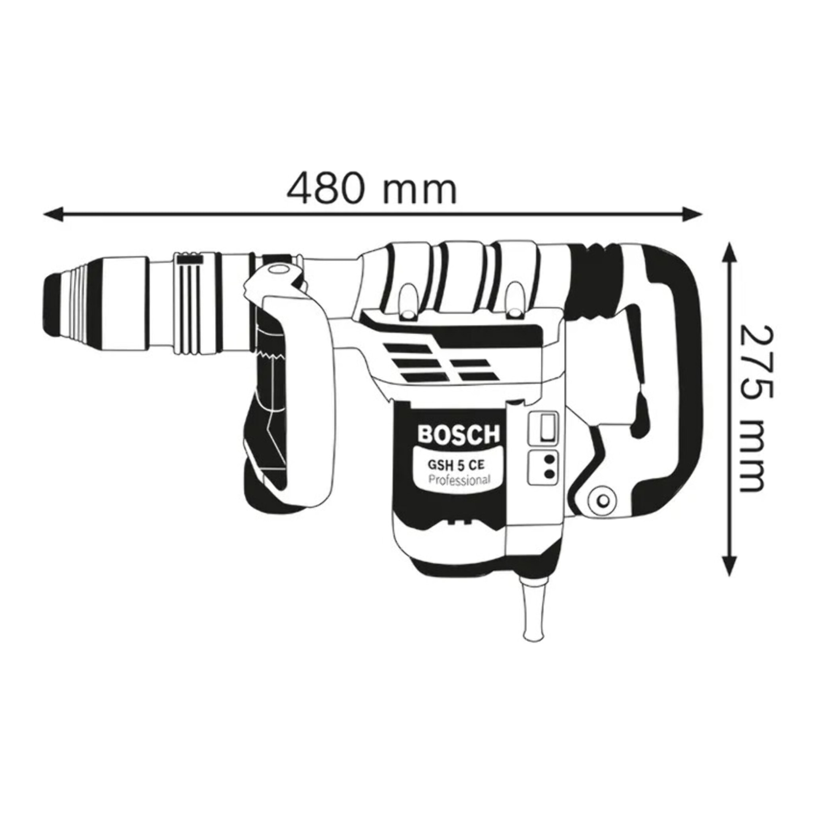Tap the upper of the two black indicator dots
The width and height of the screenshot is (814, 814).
549,459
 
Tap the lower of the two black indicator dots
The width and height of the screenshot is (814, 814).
549,475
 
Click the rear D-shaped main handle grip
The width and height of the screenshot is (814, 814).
674,379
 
